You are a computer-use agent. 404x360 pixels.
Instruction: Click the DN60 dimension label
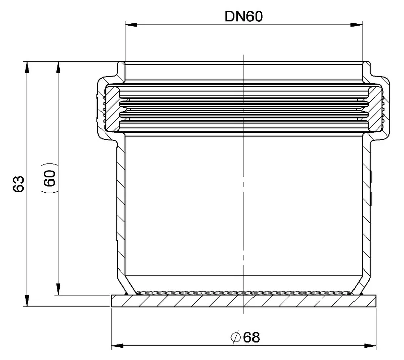[x=243, y=16]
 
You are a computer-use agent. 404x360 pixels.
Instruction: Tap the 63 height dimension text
[x=19, y=184]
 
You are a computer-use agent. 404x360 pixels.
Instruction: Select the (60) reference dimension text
[x=49, y=178]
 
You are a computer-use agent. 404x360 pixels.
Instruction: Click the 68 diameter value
[x=251, y=337]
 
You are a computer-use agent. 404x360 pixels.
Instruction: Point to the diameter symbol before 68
[x=236, y=337]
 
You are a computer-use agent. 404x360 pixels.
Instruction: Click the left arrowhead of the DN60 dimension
[x=131, y=25]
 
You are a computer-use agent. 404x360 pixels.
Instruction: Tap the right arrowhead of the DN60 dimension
[x=357, y=25]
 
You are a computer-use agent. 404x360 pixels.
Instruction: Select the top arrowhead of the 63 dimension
[x=27, y=68]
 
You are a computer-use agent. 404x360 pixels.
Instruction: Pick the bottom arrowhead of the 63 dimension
[x=27, y=301]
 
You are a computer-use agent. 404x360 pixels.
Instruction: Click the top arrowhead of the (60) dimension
[x=58, y=68]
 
